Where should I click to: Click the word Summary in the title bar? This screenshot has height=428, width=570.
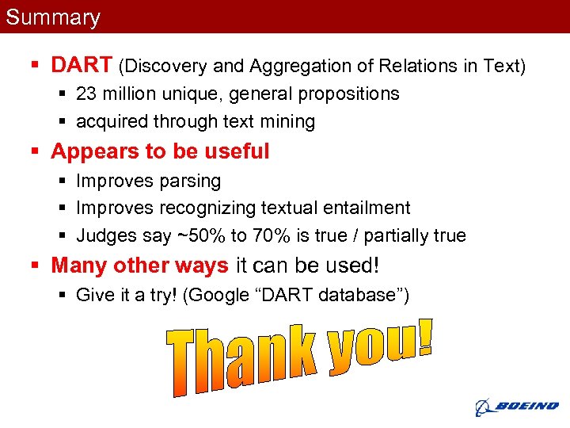tap(53, 17)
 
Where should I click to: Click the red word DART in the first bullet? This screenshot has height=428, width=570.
tap(82, 64)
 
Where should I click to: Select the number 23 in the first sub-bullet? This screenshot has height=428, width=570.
tap(86, 94)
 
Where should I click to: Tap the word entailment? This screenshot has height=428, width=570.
tap(365, 208)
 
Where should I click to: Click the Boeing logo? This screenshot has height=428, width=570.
tap(516, 407)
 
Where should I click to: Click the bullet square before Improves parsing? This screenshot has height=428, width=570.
tap(63, 182)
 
